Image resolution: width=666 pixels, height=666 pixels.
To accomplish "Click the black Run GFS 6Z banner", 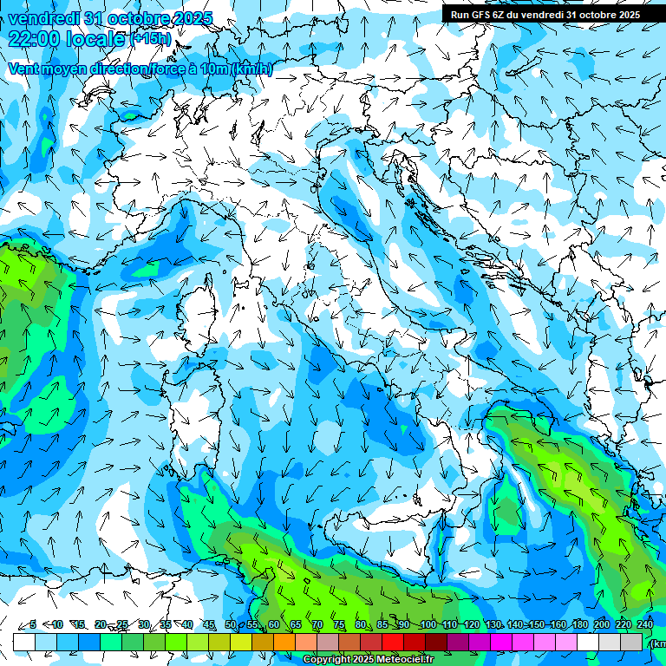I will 545,14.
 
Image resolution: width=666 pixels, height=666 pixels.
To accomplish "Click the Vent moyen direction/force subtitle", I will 139,69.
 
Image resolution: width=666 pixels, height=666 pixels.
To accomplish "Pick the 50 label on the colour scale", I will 230,624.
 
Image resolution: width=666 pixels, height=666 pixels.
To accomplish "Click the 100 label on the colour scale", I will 427,624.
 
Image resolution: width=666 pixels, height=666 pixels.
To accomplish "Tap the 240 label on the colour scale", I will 644,624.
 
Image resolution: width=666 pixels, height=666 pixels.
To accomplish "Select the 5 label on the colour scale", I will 33,624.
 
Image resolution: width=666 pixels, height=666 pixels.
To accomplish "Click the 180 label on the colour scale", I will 578,624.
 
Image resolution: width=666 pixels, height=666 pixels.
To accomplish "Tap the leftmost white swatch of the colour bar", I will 24,642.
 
